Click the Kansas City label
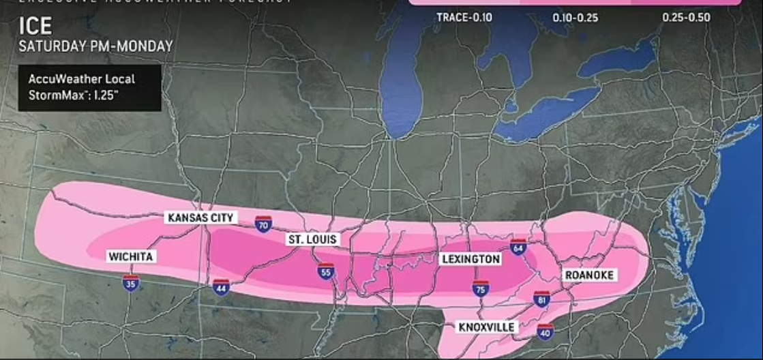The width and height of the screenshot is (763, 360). (x=201, y=217)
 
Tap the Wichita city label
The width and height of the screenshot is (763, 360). (x=131, y=256)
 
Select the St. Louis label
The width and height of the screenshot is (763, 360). (x=312, y=240)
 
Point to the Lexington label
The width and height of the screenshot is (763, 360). (x=470, y=259)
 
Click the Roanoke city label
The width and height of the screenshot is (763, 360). (x=589, y=275)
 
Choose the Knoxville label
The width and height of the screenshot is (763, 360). (x=486, y=327)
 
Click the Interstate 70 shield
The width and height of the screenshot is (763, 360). (x=264, y=223)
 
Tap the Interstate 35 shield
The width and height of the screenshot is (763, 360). (x=132, y=283)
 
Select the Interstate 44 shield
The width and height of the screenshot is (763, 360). (x=220, y=286)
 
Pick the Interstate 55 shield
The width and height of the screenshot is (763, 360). (x=326, y=271)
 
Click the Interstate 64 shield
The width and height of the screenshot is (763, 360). (x=519, y=247)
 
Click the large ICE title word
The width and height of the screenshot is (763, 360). (x=35, y=26)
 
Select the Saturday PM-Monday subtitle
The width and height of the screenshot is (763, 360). (x=95, y=46)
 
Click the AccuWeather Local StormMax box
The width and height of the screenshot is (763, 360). (x=90, y=87)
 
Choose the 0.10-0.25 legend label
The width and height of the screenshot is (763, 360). (x=575, y=18)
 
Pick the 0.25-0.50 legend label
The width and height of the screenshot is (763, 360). (x=686, y=18)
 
